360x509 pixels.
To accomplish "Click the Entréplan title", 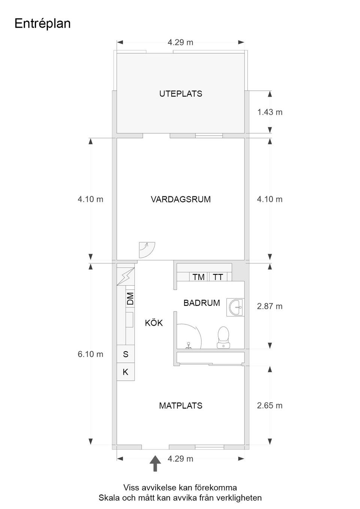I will [42, 23].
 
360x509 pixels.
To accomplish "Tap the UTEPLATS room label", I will [180, 94].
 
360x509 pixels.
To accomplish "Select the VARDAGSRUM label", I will [180, 199].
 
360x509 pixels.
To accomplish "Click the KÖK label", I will [154, 323].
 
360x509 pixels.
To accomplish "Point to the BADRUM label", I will [201, 303].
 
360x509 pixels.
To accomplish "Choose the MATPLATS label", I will [180, 406].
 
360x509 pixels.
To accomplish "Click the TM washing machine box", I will [198, 277].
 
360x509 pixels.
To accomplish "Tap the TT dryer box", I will [218, 277].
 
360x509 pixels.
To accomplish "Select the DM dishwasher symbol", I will [130, 298].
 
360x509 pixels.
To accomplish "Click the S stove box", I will [126, 354].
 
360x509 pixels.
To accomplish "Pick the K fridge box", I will [126, 372].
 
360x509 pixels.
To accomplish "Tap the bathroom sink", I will [236, 307].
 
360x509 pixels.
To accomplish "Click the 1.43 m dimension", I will [270, 112].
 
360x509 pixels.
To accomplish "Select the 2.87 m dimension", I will [270, 306].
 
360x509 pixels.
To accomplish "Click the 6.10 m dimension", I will [90, 354].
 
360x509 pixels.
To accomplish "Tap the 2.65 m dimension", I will [270, 406].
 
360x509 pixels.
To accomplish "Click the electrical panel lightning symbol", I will [126, 277].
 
